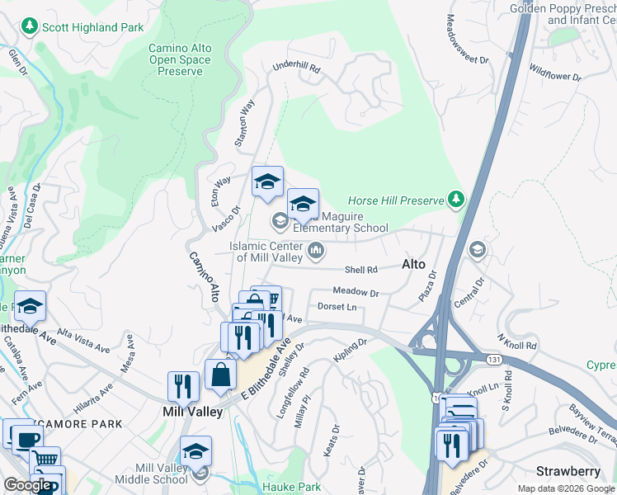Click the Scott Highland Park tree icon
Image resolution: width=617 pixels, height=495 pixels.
coord(31,27)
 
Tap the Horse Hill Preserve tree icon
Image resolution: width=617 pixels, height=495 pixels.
coord(455,200)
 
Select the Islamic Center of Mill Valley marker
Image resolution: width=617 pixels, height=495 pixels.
coord(315,249)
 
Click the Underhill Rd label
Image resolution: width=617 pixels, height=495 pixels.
coord(295,68)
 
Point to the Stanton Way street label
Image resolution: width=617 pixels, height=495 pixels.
coord(244,124)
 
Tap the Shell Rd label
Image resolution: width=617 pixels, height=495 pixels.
coord(360,269)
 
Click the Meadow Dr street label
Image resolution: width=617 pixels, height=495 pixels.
coord(356,292)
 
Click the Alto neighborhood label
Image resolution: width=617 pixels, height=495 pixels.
coord(413,265)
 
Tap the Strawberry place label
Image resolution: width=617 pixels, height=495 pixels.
coord(568,471)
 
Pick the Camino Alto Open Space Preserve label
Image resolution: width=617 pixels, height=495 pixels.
coord(180,59)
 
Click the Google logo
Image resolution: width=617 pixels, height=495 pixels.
coord(28,485)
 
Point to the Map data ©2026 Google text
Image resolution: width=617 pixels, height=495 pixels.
coord(565,488)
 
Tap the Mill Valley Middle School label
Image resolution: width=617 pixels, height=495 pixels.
coord(161,474)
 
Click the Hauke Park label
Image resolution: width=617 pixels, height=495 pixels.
coord(291,487)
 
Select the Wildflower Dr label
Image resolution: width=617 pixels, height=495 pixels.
coord(555,73)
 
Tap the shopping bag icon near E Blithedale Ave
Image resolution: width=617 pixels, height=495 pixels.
coord(222,374)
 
